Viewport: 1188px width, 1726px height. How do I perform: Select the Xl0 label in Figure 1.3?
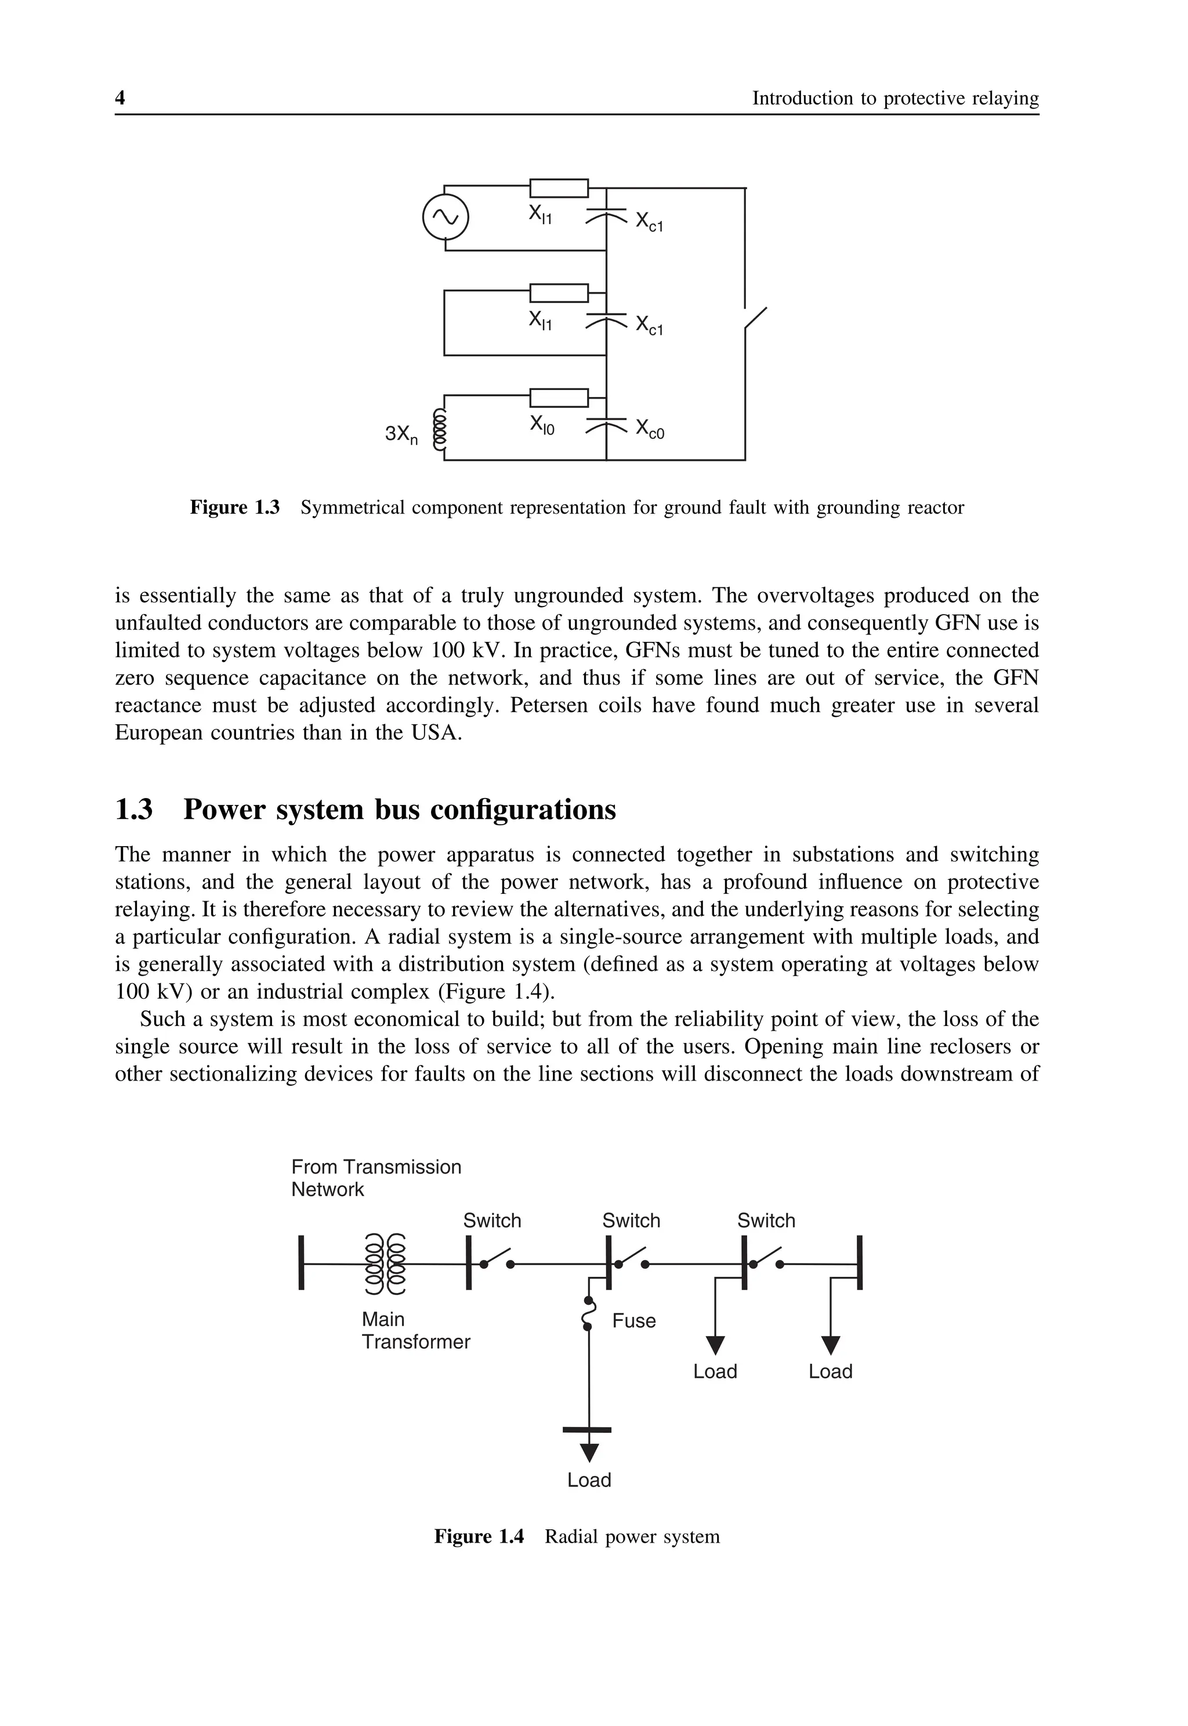coord(542,425)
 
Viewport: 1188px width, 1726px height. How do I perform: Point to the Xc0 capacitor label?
coord(649,429)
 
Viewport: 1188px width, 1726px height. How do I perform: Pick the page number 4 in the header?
coord(120,98)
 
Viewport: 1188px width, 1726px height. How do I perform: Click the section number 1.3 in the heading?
coord(134,810)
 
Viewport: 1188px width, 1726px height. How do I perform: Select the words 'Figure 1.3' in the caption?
coord(234,508)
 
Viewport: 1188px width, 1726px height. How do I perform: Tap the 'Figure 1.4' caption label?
coord(479,1537)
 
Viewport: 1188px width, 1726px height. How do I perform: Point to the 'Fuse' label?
coord(633,1321)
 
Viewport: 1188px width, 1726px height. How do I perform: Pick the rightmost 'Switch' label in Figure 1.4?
coord(766,1221)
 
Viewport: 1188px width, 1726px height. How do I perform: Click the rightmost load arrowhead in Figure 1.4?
coord(831,1345)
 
